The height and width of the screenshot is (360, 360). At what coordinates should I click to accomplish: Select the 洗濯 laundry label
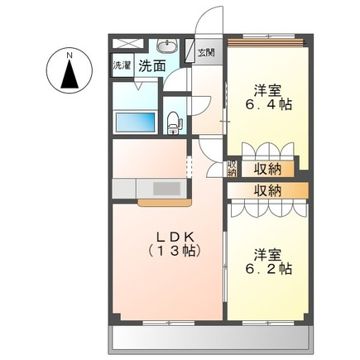[x=122, y=65]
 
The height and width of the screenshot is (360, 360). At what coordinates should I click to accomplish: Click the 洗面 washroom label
[x=150, y=65]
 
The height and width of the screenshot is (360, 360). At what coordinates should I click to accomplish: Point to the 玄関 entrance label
[x=206, y=53]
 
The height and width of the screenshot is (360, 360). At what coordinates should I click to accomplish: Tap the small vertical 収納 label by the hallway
[x=232, y=168]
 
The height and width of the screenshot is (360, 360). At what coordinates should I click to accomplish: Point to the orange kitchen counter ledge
[x=166, y=201]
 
